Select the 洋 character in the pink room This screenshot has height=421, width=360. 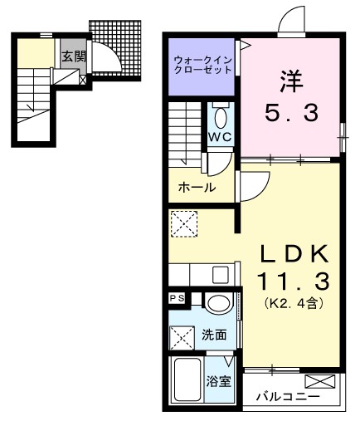[x=289, y=82]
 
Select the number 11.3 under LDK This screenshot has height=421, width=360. [x=289, y=279]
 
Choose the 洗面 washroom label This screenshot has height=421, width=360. [x=215, y=335]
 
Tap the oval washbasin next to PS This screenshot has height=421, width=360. [x=218, y=303]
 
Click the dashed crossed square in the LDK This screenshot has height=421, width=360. [x=183, y=223]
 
